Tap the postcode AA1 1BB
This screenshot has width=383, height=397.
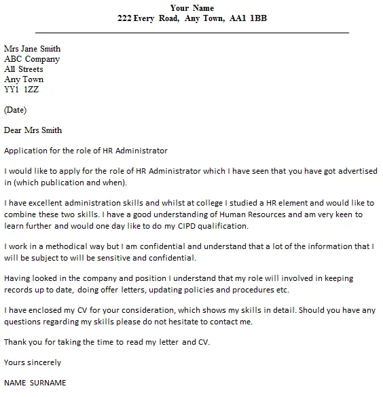click(249, 18)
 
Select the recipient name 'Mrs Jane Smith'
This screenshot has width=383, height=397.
click(32, 49)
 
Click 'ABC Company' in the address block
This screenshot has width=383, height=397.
click(31, 59)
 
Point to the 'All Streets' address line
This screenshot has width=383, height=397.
click(24, 69)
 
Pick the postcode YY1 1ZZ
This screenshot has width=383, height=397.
click(22, 90)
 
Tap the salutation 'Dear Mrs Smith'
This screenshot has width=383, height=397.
click(33, 130)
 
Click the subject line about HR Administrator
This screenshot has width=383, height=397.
click(86, 151)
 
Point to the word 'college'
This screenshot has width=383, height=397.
click(200, 204)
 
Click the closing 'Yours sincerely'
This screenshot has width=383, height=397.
click(33, 362)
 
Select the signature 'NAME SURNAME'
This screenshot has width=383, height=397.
click(35, 383)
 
